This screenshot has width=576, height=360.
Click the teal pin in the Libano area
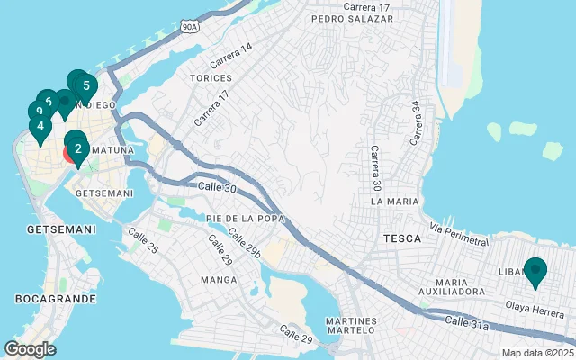pyautogui.click(x=536, y=271)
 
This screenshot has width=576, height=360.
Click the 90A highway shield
pyautogui.click(x=188, y=27)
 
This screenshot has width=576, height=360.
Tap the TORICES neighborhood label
pyautogui.click(x=211, y=78)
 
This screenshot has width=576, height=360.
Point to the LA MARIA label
pyautogui.click(x=394, y=202)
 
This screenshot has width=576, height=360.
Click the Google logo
pyautogui.click(x=30, y=349)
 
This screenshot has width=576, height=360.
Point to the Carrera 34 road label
pyautogui.click(x=415, y=122)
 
